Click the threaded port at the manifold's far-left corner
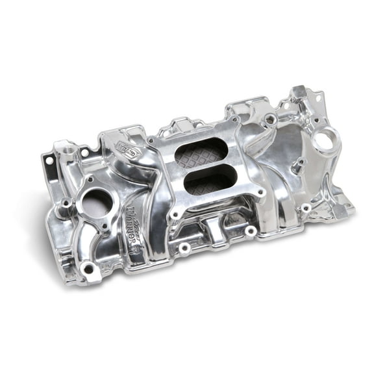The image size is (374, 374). (66, 151)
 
